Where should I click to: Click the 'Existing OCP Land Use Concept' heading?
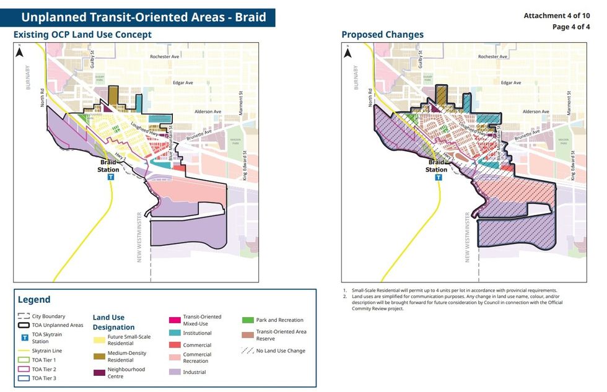(x=82, y=35)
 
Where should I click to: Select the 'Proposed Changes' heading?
(x=382, y=35)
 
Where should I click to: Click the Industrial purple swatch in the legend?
(x=175, y=372)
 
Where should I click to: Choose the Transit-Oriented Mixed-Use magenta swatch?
(x=175, y=320)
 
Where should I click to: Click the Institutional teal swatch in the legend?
(x=175, y=333)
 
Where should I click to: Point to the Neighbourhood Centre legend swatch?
(x=99, y=372)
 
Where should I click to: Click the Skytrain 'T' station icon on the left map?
(x=111, y=176)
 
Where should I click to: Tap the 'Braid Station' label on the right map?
(x=437, y=166)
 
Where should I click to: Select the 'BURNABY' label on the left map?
(x=28, y=79)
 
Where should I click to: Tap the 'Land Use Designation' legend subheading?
(x=113, y=322)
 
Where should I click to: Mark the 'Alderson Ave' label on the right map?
(x=536, y=112)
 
